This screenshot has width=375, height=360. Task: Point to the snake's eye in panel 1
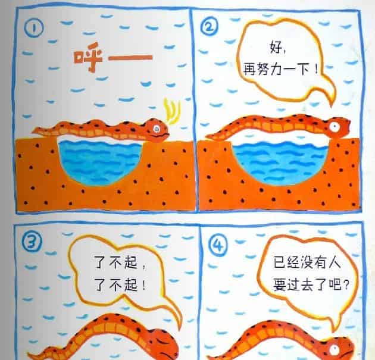point(157,127)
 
